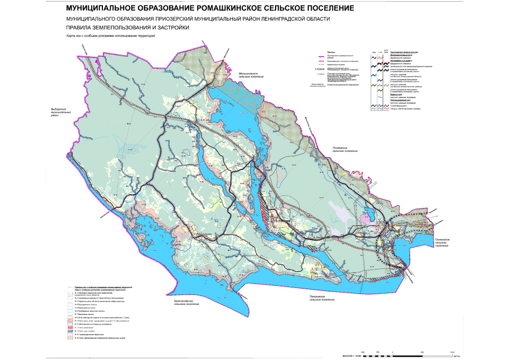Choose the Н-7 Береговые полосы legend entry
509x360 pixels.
(x=87, y=314)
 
